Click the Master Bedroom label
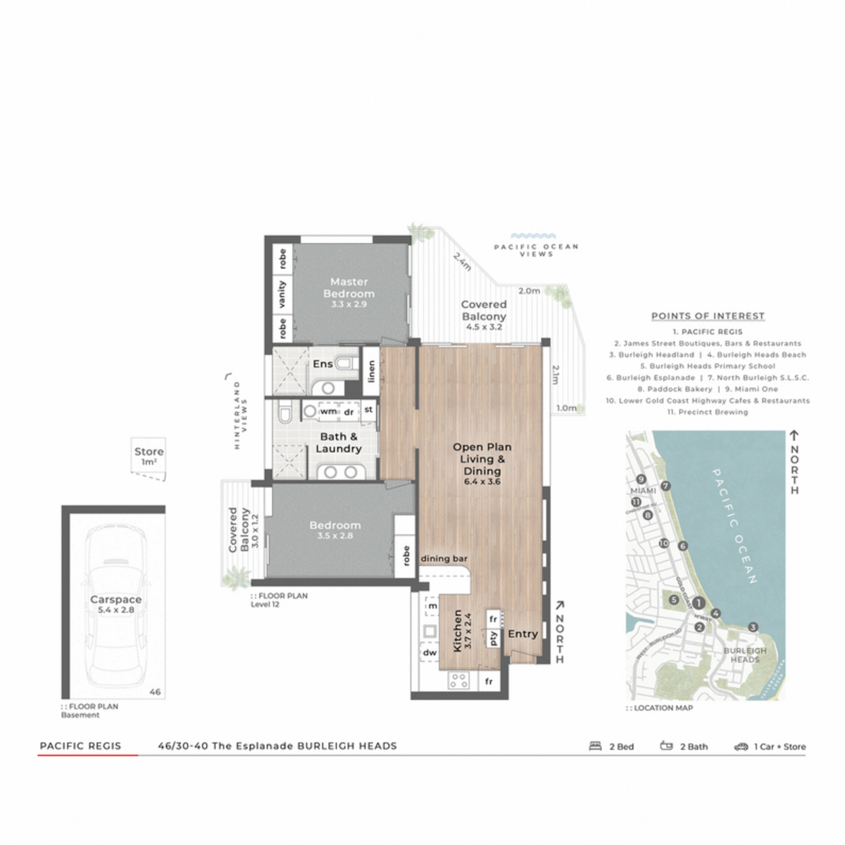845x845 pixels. coord(349,288)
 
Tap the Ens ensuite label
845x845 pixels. coord(323,364)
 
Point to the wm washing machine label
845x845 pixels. coord(328,411)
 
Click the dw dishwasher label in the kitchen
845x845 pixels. coord(430,653)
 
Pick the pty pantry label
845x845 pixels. coord(494,638)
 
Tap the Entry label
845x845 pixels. coord(522,634)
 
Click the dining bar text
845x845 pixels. coord(444,558)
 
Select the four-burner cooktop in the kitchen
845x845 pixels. coord(459,680)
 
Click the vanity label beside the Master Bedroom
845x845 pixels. coord(282,294)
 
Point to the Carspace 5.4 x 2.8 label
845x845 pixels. coord(115,604)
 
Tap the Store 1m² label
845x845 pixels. coord(149,456)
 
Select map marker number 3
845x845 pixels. coord(753,627)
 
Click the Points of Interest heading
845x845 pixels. coord(708,316)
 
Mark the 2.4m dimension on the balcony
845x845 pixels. coord(462,262)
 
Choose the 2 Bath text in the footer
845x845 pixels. coord(694,746)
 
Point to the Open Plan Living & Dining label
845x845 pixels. coord(482,459)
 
